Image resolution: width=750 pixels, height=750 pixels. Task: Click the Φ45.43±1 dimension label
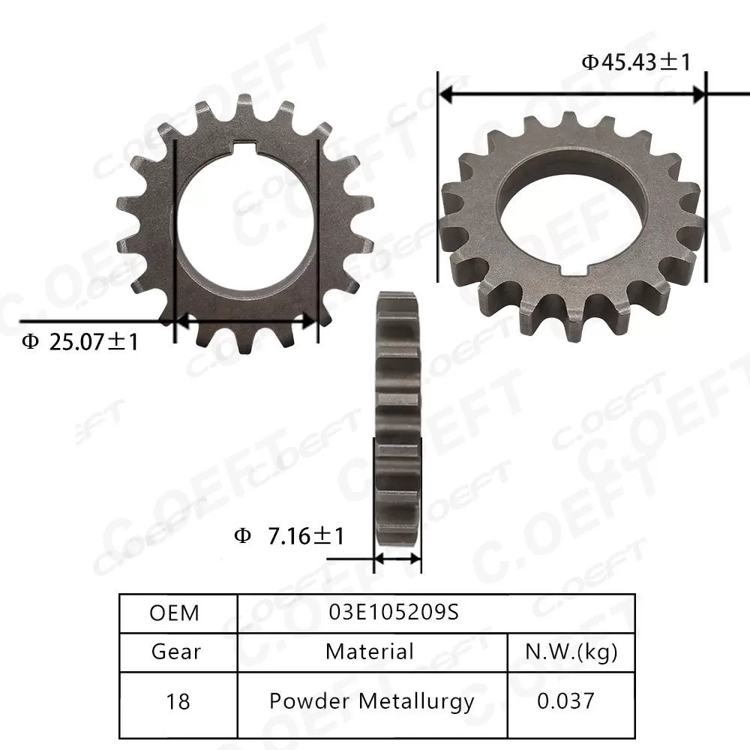tap(635, 62)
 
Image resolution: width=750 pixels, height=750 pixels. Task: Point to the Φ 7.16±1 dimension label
tap(289, 537)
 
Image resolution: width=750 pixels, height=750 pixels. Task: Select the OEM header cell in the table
tap(175, 613)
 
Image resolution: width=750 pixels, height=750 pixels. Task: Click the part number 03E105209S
tap(394, 613)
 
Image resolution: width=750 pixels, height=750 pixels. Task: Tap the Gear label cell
tap(176, 652)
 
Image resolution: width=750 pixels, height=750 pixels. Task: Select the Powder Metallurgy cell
tap(372, 701)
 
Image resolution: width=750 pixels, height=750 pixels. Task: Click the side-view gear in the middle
tap(396, 420)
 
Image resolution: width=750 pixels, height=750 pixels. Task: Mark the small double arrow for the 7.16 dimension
tap(397, 559)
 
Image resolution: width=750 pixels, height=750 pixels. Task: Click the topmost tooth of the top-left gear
tap(244, 106)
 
